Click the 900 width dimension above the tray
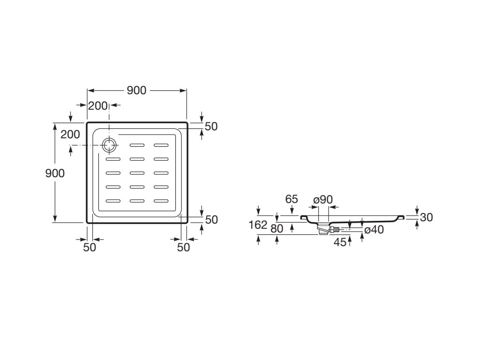pyautogui.click(x=136, y=91)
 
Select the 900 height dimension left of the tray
pyautogui.click(x=55, y=173)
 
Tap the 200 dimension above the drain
pyautogui.click(x=98, y=106)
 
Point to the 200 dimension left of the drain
pyautogui.click(x=70, y=135)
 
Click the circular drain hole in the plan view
pyautogui.click(x=109, y=146)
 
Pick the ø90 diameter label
pyautogui.click(x=323, y=199)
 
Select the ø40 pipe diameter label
pyautogui.click(x=374, y=230)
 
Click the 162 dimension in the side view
pyautogui.click(x=258, y=225)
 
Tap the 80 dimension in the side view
pyautogui.click(x=277, y=229)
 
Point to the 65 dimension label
pyautogui.click(x=292, y=199)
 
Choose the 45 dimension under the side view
pyautogui.click(x=340, y=242)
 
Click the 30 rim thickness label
pyautogui.click(x=426, y=217)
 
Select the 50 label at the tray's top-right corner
pyautogui.click(x=211, y=126)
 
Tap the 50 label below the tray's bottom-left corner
pyautogui.click(x=90, y=247)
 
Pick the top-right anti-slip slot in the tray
pyautogui.click(x=161, y=145)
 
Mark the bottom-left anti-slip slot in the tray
pyautogui.click(x=113, y=201)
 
